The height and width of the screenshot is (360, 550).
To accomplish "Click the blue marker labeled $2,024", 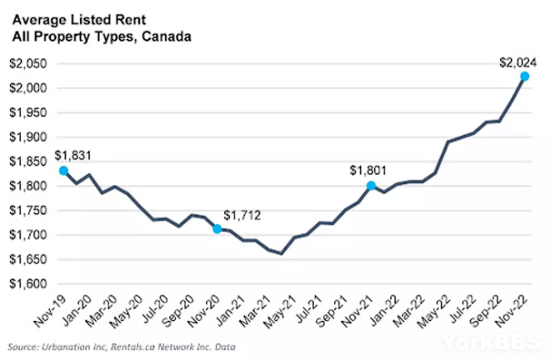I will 524,77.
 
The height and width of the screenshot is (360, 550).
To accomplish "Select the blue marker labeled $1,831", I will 64,171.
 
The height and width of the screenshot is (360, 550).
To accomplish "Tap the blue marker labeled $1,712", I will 217,229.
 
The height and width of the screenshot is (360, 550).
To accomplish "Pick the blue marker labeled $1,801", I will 371,186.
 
